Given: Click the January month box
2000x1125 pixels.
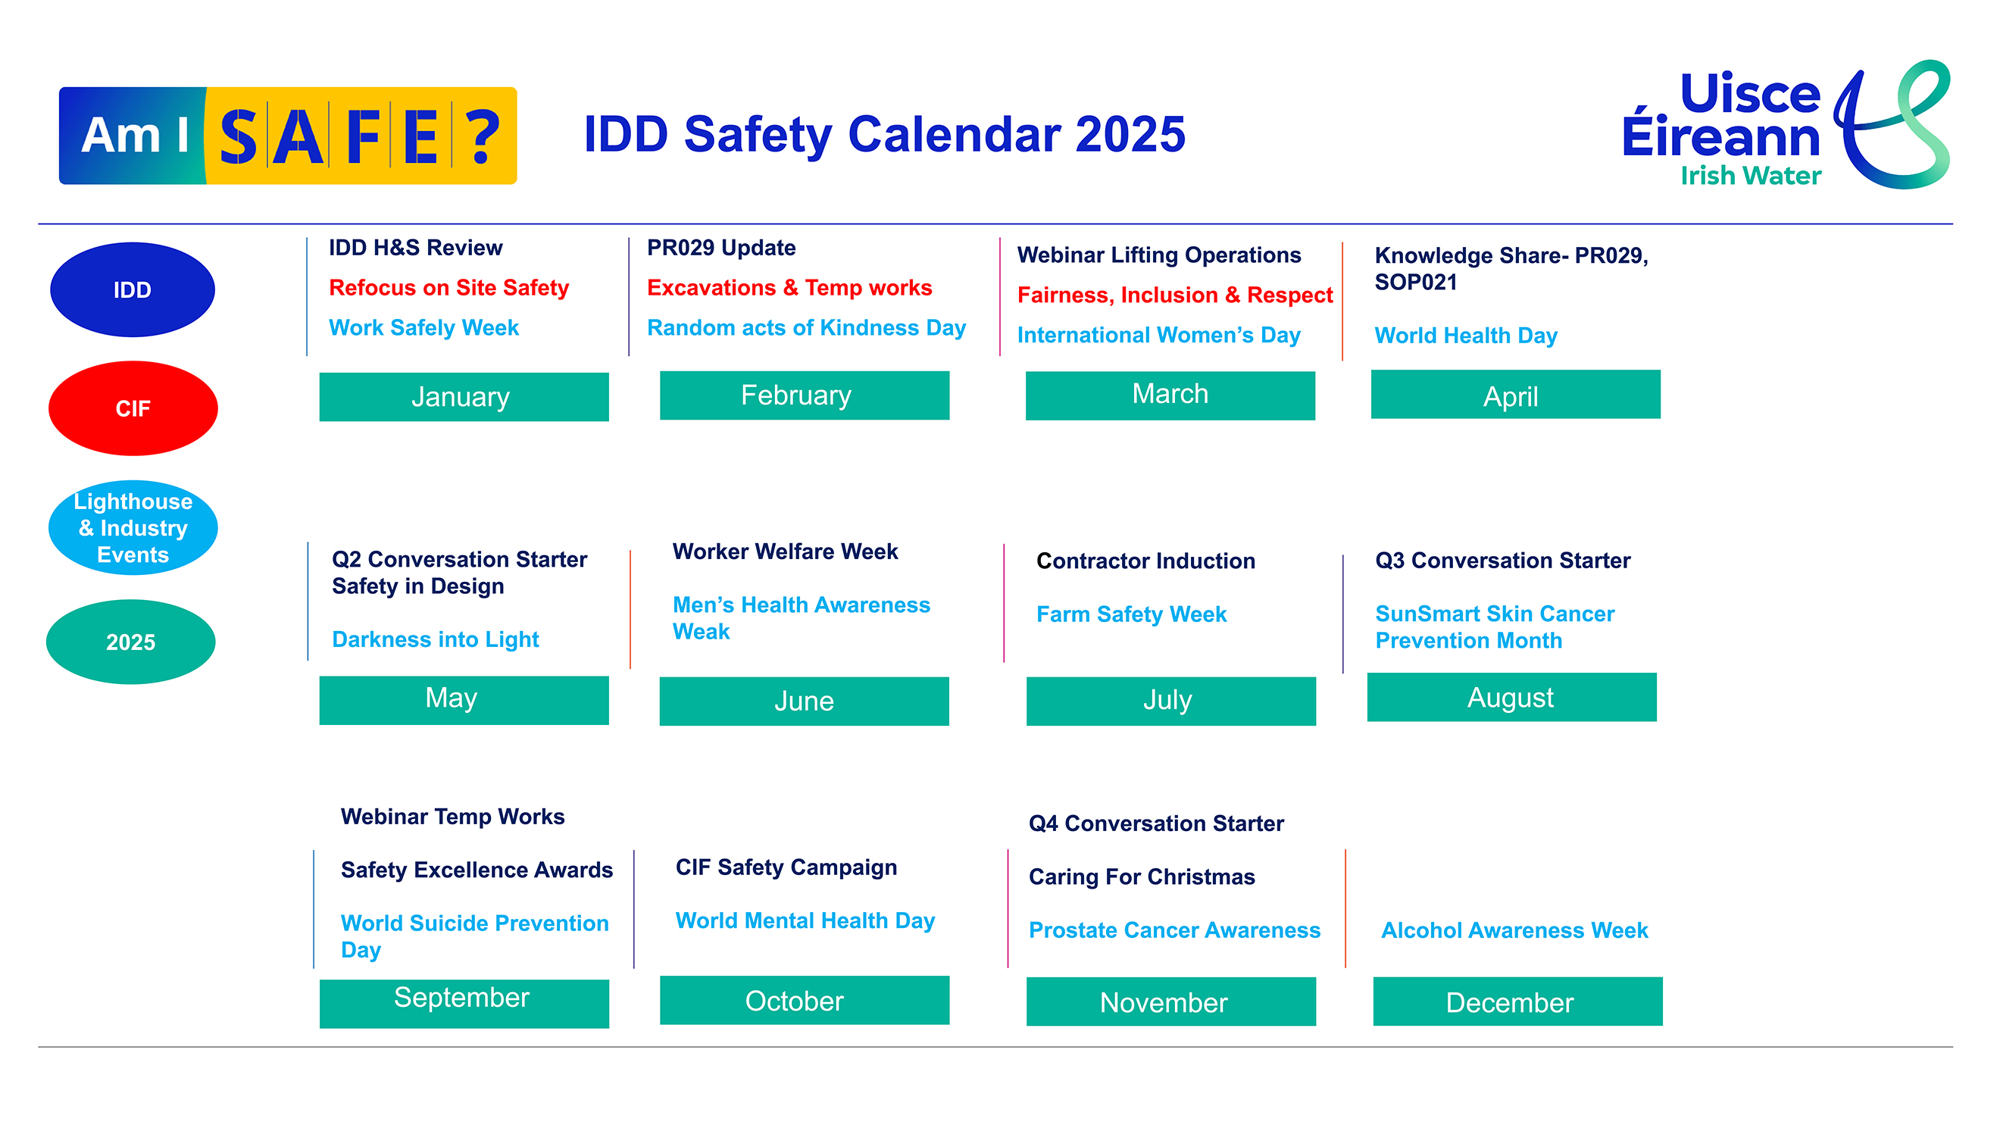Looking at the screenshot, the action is coord(464,397).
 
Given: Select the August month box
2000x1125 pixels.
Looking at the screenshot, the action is coord(1511,697).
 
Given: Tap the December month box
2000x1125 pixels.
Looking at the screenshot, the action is coord(1517,1002).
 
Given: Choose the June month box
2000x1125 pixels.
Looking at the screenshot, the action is coord(804,701).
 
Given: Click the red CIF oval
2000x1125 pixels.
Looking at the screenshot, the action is coord(133,408).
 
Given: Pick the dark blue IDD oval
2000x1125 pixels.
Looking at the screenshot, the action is coord(132,289).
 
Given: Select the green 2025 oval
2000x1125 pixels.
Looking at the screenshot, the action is coord(130,642).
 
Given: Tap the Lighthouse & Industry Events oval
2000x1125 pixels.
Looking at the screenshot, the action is coord(133,528).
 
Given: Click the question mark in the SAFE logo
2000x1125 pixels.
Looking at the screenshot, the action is coord(483,136).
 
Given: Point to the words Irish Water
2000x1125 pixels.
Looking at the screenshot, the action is coord(1751,176).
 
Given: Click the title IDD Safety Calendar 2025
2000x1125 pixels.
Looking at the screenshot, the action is coord(884,134).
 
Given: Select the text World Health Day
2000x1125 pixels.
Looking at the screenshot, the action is coord(1466,336).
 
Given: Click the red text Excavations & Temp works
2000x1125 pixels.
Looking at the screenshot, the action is coord(789,288).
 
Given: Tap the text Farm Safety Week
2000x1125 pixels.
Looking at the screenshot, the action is coord(1131,614).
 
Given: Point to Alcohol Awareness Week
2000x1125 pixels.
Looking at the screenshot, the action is coord(1514,930).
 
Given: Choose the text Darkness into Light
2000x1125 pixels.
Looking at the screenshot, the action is coord(435,639).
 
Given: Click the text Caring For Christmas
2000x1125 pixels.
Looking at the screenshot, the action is coord(1142,877).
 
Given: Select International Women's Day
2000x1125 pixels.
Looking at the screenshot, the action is coord(1158,335).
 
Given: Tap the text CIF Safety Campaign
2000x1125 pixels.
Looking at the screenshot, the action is coord(786,867).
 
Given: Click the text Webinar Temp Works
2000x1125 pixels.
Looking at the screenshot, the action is coord(452,817).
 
